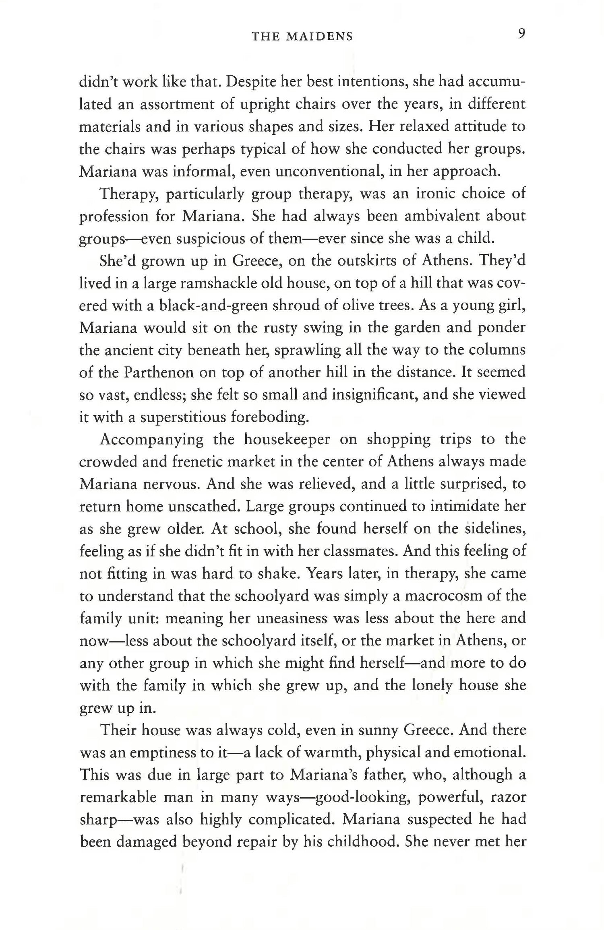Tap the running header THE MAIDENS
302,37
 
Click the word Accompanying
151,440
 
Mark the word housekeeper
287,439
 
